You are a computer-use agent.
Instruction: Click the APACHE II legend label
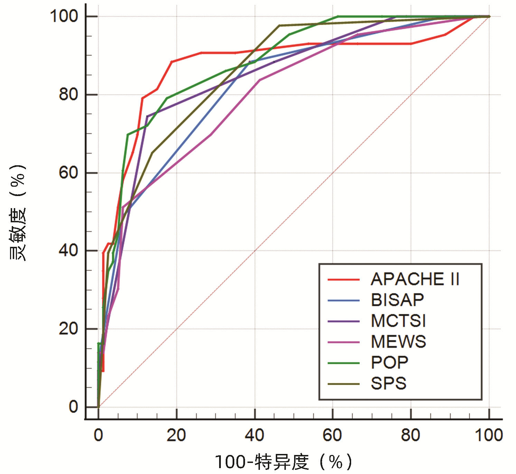click(x=415, y=279)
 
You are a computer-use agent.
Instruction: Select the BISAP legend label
click(x=397, y=300)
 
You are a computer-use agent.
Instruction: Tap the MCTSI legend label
click(x=398, y=321)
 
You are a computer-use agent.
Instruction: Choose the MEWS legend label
click(x=398, y=342)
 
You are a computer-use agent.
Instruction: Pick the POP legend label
click(x=390, y=363)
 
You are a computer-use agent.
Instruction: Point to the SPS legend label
click(x=388, y=383)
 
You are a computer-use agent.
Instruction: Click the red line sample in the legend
click(x=344, y=279)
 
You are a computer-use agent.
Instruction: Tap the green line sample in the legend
click(x=344, y=363)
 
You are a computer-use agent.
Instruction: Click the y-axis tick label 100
click(x=64, y=16)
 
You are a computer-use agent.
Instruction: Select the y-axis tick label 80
click(x=69, y=94)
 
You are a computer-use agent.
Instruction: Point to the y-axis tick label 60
click(x=69, y=173)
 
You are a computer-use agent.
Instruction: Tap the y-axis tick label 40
click(x=69, y=250)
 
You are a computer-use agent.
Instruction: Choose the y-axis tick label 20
click(x=69, y=328)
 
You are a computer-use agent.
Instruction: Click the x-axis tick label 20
click(x=176, y=435)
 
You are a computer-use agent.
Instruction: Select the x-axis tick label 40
click(x=255, y=435)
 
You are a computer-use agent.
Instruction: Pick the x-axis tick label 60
click(x=332, y=435)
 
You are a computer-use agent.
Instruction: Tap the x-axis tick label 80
click(x=411, y=435)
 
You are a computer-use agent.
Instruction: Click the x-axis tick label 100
click(x=489, y=435)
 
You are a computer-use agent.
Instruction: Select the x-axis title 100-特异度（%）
click(x=283, y=462)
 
